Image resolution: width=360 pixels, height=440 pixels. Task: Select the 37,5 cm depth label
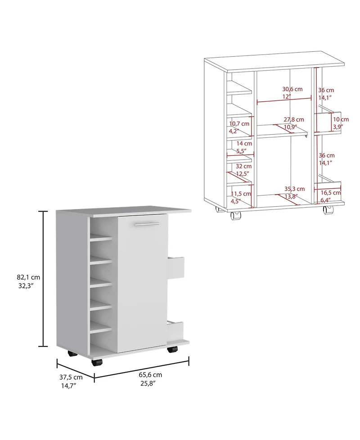tap(71, 377)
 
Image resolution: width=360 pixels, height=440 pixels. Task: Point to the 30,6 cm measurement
tap(292, 89)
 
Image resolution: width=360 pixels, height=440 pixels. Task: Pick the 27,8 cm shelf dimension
tap(294, 120)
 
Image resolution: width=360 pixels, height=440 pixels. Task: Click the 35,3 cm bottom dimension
tap(294, 189)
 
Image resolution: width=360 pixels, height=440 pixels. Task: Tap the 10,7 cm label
tap(239, 123)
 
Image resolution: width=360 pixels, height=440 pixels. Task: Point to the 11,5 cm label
tap(239, 194)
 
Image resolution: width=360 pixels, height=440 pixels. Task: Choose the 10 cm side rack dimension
tap(341, 120)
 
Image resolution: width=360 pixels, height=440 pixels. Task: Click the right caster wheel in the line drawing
tap(327, 210)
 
